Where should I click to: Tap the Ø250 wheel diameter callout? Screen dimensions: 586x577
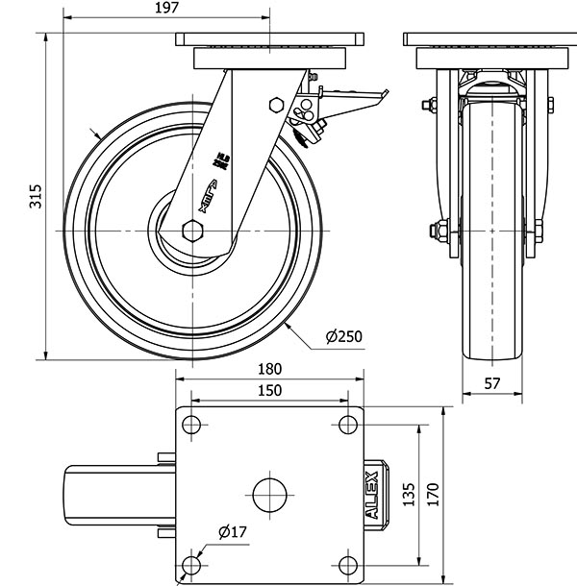point(343,336)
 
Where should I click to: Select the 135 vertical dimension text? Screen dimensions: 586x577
point(408,494)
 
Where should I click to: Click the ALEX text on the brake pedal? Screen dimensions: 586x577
point(373,495)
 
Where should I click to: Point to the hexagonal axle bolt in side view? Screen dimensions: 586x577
point(190,231)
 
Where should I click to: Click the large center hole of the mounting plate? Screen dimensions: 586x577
point(269,494)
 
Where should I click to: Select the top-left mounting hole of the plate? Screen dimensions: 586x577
point(192,426)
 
